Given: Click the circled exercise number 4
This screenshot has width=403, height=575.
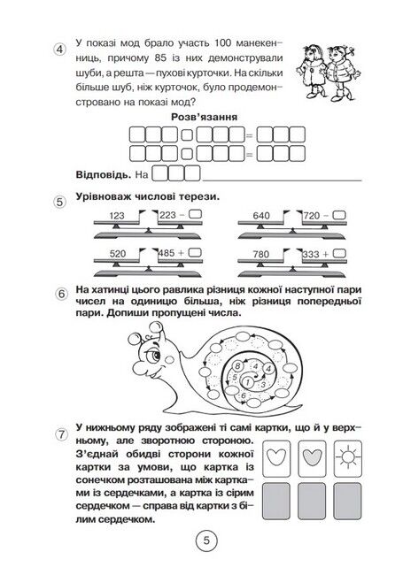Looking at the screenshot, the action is click(59, 50).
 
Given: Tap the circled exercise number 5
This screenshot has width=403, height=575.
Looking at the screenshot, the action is click(60, 202).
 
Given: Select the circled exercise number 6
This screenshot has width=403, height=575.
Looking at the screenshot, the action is click(61, 295).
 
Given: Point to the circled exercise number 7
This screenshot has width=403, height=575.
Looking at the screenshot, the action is click(61, 435).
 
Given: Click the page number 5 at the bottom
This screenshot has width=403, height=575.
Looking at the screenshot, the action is click(206, 540).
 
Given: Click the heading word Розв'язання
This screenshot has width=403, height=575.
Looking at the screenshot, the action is click(204, 117).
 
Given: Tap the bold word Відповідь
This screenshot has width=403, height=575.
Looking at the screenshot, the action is click(104, 174).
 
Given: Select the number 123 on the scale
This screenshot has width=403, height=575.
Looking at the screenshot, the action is click(117, 216).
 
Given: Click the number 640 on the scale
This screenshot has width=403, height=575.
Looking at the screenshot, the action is click(261, 216).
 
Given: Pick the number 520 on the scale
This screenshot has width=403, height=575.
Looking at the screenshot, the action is click(118, 254).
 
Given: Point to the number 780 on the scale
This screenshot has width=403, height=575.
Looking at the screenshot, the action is click(261, 254).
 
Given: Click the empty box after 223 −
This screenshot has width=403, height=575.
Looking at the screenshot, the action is click(198, 214).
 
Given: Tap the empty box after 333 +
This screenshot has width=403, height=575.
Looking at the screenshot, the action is click(341, 253).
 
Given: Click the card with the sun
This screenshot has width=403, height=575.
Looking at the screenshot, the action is click(347, 458).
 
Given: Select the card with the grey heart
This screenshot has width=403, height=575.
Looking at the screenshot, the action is click(312, 458).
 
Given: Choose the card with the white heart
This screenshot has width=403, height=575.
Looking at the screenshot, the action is click(276, 458).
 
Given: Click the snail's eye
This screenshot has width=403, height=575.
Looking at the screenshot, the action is click(157, 355).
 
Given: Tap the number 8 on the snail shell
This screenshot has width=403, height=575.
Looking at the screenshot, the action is click(237, 365).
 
